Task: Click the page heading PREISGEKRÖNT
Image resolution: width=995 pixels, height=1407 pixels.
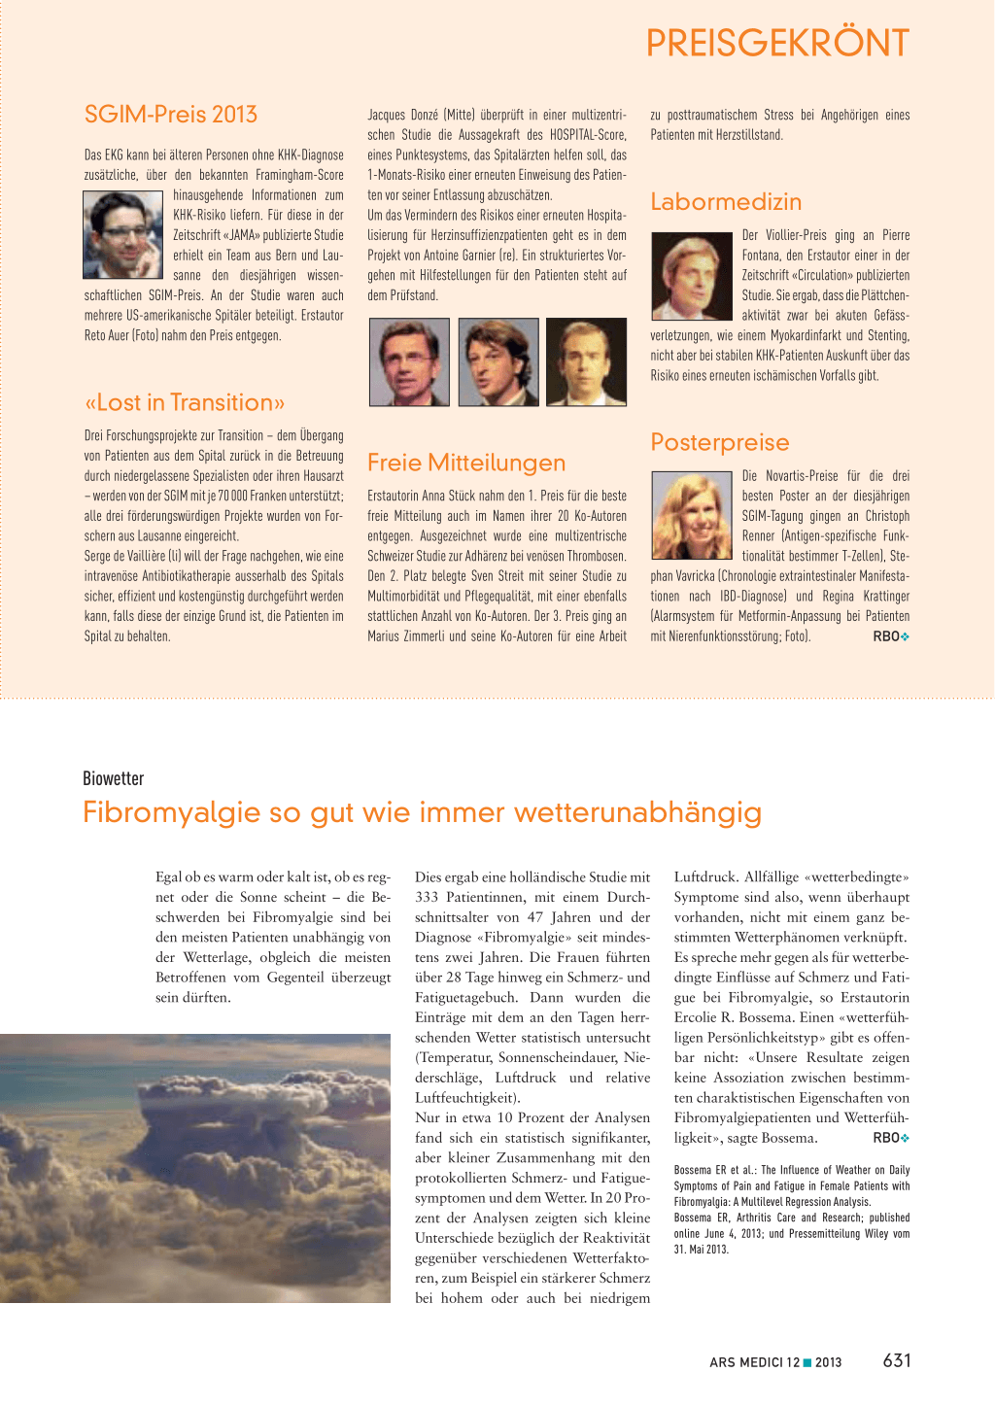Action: (x=777, y=44)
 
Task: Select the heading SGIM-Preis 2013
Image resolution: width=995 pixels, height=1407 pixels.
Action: (x=171, y=115)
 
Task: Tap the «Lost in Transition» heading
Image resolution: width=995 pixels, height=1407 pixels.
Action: (x=185, y=402)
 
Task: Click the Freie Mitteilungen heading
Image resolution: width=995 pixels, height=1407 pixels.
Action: (x=466, y=463)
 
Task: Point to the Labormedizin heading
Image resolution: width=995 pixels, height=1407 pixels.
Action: (x=726, y=202)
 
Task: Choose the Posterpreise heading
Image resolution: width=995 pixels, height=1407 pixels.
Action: (x=720, y=443)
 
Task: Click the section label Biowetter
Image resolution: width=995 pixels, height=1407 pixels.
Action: (x=114, y=778)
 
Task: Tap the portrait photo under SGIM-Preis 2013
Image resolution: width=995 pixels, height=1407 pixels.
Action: (x=122, y=235)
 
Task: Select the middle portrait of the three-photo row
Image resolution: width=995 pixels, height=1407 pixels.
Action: (x=498, y=361)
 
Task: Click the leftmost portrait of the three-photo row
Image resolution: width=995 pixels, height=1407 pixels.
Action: (x=410, y=361)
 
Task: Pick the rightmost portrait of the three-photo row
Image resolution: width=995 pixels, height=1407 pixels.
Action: (x=586, y=361)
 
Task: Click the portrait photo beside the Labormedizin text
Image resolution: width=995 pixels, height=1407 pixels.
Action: (x=691, y=276)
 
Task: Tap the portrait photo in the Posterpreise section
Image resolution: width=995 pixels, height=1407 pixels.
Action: (x=691, y=515)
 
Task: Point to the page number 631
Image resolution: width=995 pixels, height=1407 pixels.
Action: (x=897, y=1361)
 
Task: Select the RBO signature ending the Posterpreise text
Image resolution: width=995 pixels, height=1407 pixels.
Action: (x=886, y=636)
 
